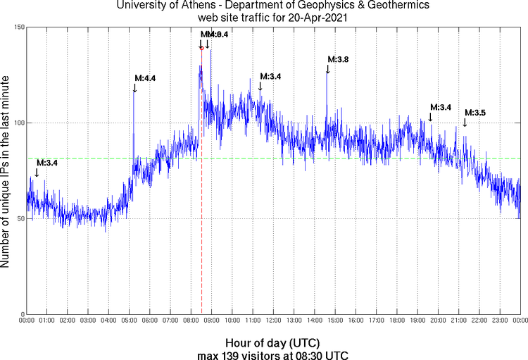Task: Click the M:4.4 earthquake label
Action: [144, 78]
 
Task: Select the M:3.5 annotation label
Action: [474, 113]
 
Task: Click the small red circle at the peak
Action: [201, 48]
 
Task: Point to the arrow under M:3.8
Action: [327, 68]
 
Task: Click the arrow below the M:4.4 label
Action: [134, 87]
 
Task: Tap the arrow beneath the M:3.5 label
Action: [465, 123]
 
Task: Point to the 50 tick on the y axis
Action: [20, 219]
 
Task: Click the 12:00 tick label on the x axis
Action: [274, 321]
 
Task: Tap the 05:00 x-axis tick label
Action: [130, 321]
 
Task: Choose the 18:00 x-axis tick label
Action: [397, 321]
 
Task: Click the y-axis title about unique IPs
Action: [6, 172]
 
